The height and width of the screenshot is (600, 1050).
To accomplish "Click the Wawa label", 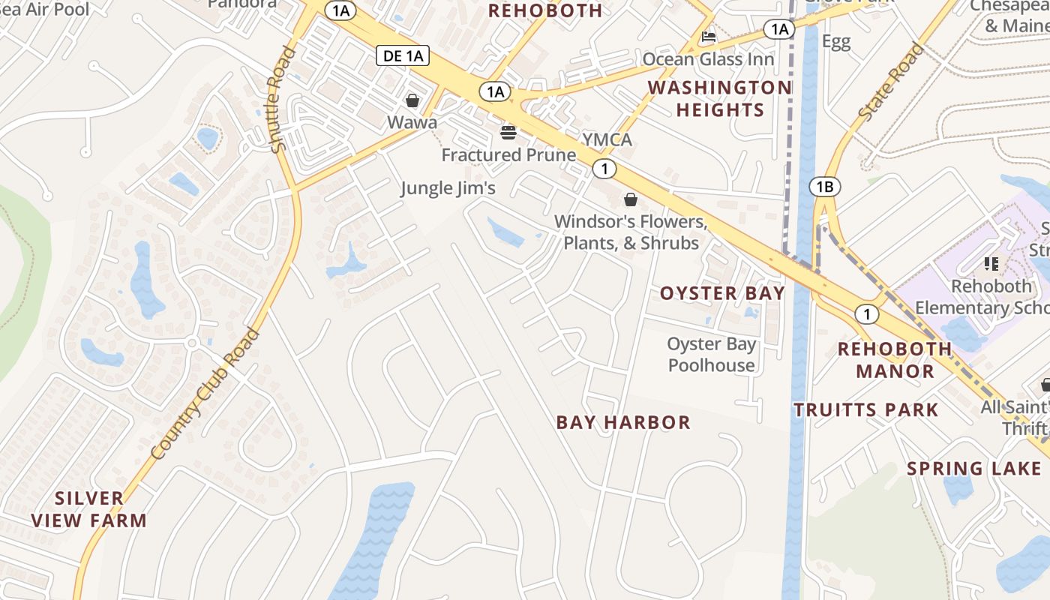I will (x=412, y=121).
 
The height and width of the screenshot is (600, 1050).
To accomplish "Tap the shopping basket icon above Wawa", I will (x=412, y=100).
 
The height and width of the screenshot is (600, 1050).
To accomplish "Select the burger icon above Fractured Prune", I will (x=508, y=133).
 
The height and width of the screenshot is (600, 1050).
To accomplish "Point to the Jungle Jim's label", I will (x=448, y=187).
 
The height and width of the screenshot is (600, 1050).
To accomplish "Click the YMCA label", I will (x=607, y=139).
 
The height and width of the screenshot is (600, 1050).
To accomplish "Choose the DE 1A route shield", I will (x=403, y=55).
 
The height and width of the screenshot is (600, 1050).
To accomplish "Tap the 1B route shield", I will (x=825, y=187).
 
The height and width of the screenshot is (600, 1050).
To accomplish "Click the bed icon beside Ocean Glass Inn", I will (x=708, y=37).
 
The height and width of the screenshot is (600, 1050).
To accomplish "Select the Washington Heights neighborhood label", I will (x=719, y=99).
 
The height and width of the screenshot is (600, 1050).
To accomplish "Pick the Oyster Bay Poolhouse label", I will (x=712, y=355).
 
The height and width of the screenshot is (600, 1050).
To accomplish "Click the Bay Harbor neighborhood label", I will (x=623, y=422).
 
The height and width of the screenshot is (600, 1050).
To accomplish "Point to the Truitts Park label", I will (x=866, y=409).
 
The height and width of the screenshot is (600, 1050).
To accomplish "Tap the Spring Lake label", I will (x=974, y=469).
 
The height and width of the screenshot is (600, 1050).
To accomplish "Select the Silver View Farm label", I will (x=89, y=509).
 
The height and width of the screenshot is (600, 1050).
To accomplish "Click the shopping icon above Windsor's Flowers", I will (x=631, y=199).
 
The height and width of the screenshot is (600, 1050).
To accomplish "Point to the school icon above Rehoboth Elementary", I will (x=991, y=264).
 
